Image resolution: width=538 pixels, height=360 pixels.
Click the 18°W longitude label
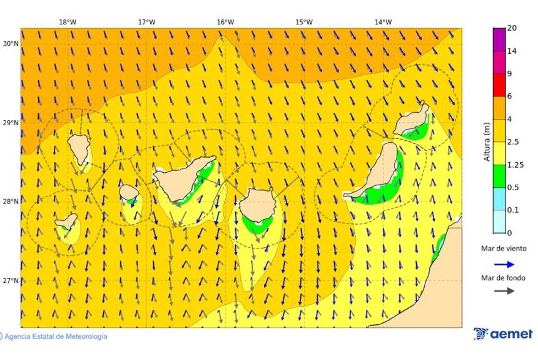[68, 22]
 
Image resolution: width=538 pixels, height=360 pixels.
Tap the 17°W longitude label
[146, 22]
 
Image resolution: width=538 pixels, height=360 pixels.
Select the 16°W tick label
[225, 22]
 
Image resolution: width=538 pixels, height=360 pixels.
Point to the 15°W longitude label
[304, 22]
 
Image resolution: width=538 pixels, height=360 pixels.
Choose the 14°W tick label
[383, 22]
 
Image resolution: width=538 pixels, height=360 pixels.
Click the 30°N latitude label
[10, 44]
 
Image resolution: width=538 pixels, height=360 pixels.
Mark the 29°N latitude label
[10, 123]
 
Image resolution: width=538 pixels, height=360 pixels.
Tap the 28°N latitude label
[10, 202]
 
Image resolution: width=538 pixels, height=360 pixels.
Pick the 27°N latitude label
[10, 280]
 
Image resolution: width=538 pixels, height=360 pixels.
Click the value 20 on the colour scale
[512, 28]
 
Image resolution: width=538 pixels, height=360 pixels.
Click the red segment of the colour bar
[499, 85]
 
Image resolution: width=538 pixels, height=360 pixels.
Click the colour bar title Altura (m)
[487, 141]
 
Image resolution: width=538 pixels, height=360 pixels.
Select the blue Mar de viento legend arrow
[504, 264]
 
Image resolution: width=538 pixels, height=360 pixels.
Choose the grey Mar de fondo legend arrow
[504, 291]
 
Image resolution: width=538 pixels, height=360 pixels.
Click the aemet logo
[503, 334]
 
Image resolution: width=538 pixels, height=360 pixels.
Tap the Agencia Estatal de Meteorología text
[55, 337]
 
